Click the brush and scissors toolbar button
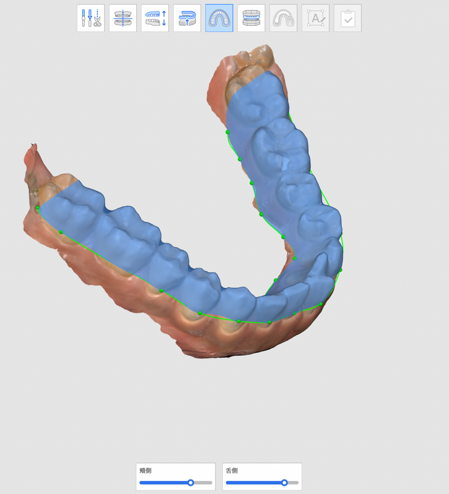point(91,18)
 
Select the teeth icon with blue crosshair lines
point(123,18)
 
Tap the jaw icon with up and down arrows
point(155,18)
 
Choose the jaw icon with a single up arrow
point(187,18)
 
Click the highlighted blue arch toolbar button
point(219,18)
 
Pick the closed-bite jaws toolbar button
point(251,18)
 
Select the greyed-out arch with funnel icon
point(283,18)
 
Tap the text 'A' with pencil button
point(315,18)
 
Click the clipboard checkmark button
point(347,18)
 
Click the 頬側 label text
point(146,471)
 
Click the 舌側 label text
point(232,471)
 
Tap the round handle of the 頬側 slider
point(191,482)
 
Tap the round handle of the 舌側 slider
point(284,482)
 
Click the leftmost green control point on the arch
point(37,208)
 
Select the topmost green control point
point(227,132)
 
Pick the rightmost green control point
point(340,270)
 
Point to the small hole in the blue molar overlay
point(284,165)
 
